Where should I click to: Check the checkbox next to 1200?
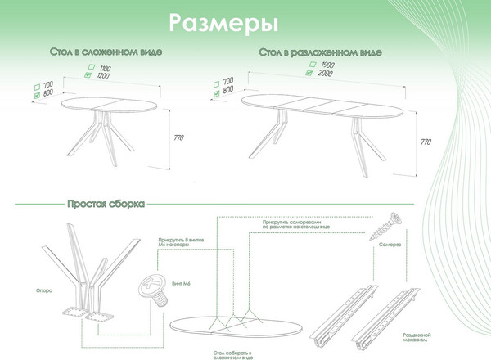coord(89,74)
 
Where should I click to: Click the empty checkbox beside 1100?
coord(89,67)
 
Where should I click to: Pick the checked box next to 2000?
coord(309,72)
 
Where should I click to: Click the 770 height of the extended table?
coord(426,142)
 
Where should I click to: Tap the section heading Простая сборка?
coord(106,202)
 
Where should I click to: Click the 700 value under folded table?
coord(47,85)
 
